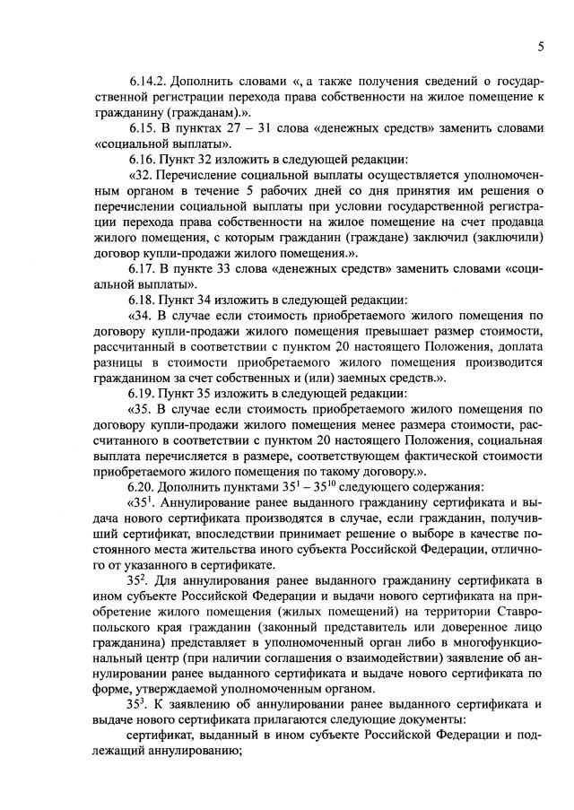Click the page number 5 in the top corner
click(x=542, y=46)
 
